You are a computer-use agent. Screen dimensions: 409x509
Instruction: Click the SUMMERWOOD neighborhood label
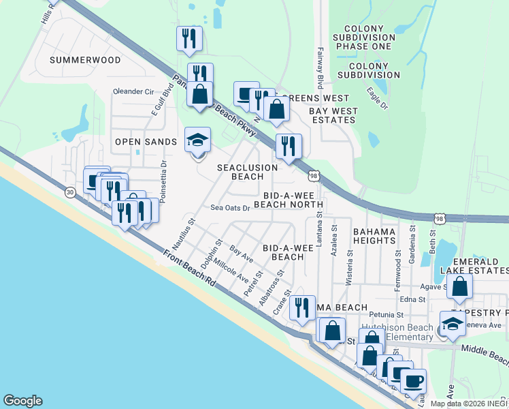click(x=85, y=60)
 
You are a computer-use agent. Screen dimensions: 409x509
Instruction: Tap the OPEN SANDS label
click(x=146, y=142)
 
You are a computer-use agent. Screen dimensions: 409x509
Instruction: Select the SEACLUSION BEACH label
click(x=247, y=172)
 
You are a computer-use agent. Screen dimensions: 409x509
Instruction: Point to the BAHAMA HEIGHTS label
click(x=374, y=237)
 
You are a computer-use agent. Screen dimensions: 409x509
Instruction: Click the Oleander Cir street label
click(x=134, y=91)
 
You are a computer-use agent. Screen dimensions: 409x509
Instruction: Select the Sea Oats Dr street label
click(x=230, y=208)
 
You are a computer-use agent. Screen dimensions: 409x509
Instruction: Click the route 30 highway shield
click(x=70, y=193)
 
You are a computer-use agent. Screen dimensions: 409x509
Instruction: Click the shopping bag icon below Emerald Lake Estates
click(x=460, y=288)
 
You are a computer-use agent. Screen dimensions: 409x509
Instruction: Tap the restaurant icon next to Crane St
click(x=302, y=307)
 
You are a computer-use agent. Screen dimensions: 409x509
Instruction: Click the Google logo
click(x=22, y=401)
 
